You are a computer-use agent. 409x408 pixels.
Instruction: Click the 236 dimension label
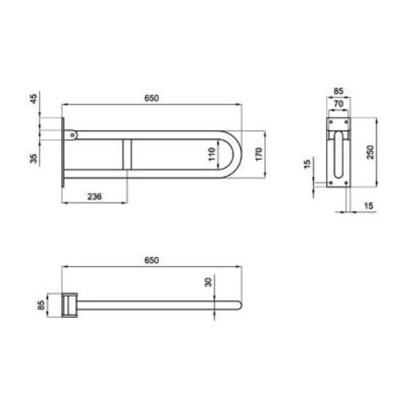pyautogui.click(x=94, y=196)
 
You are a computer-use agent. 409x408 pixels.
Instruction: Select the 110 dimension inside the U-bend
pyautogui.click(x=212, y=154)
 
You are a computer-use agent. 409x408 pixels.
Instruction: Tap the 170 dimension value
pyautogui.click(x=258, y=154)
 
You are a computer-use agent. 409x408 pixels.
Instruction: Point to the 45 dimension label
pyautogui.click(x=34, y=99)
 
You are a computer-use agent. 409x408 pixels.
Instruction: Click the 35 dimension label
pyautogui.click(x=34, y=158)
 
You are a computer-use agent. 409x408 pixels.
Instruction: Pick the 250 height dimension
pyautogui.click(x=370, y=152)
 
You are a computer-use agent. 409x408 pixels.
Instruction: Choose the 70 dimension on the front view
pyautogui.click(x=339, y=104)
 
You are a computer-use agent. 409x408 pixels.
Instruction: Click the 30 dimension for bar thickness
pyautogui.click(x=209, y=282)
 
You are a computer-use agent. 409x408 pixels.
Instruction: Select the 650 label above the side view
pyautogui.click(x=151, y=98)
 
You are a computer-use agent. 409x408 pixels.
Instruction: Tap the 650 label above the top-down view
pyautogui.click(x=151, y=261)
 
